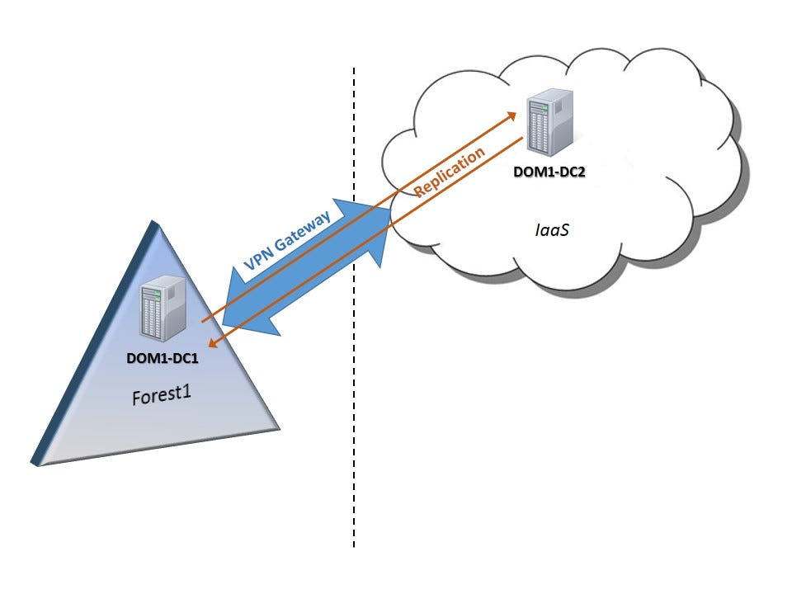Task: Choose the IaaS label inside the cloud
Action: [x=550, y=229]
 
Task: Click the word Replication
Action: [x=450, y=174]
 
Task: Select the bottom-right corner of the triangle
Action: [x=280, y=429]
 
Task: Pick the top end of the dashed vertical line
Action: [x=355, y=69]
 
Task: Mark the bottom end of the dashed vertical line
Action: [x=355, y=546]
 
